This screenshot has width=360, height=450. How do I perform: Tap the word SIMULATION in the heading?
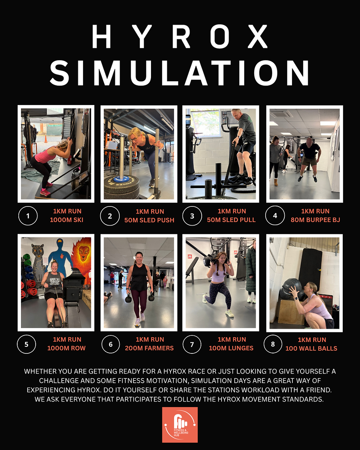pyautogui.click(x=180, y=73)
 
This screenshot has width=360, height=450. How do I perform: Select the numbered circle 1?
pyautogui.click(x=28, y=216)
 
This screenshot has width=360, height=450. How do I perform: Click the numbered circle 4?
pyautogui.click(x=275, y=216)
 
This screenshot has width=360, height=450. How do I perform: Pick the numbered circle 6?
pyautogui.click(x=111, y=344)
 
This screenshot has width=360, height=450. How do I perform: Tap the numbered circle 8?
pyautogui.click(x=273, y=344)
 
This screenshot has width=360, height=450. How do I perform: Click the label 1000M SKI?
pyautogui.click(x=66, y=220)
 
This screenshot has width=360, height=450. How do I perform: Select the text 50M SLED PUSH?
pyautogui.click(x=150, y=220)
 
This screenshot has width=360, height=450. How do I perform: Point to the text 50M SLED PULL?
pyautogui.click(x=231, y=220)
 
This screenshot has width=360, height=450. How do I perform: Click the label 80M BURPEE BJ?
pyautogui.click(x=315, y=220)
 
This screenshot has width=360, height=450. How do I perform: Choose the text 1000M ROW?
pyautogui.click(x=66, y=348)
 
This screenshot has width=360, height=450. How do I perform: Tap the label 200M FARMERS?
pyautogui.click(x=150, y=348)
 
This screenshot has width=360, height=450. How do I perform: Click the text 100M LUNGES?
pyautogui.click(x=231, y=348)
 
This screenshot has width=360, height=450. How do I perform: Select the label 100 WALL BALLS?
pyautogui.click(x=311, y=348)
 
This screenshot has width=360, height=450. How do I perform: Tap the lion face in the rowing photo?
pyautogui.click(x=83, y=253)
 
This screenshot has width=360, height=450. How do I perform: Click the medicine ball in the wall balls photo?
pyautogui.click(x=292, y=287)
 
